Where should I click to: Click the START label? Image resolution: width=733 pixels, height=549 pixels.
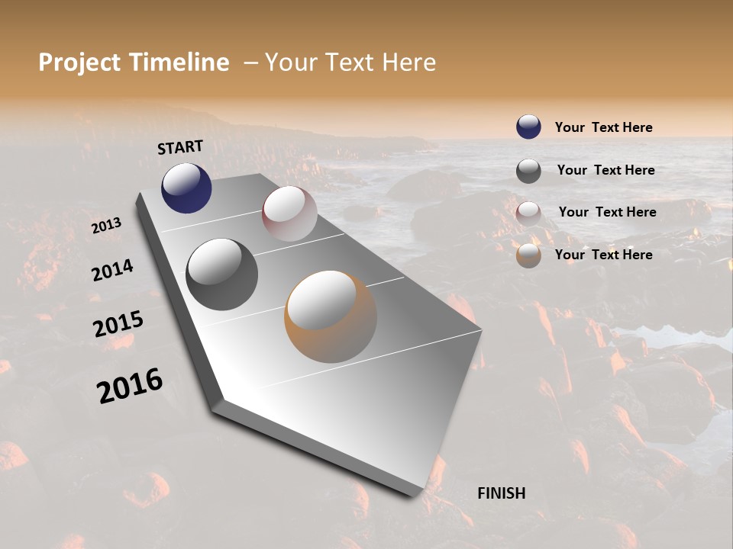pyautogui.click(x=180, y=147)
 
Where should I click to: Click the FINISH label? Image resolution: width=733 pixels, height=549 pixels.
pyautogui.click(x=501, y=493)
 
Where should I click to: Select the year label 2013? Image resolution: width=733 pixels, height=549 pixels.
pyautogui.click(x=106, y=226)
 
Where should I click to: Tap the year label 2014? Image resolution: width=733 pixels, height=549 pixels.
pyautogui.click(x=112, y=270)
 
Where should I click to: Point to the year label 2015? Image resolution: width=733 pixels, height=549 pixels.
pyautogui.click(x=118, y=324)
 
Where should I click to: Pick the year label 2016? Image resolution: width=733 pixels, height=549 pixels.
pyautogui.click(x=130, y=386)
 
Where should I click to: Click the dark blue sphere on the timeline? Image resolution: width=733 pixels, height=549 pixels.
pyautogui.click(x=186, y=188)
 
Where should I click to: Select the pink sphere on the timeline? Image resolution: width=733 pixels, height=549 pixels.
pyautogui.click(x=289, y=213)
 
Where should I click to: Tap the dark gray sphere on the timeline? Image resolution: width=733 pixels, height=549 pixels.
pyautogui.click(x=221, y=274)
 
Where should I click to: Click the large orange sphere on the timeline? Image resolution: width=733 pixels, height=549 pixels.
pyautogui.click(x=331, y=316)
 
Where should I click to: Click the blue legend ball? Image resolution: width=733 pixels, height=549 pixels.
pyautogui.click(x=528, y=127)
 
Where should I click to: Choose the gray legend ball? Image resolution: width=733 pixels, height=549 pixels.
pyautogui.click(x=528, y=171)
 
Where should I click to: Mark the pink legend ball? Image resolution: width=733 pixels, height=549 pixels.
pyautogui.click(x=528, y=213)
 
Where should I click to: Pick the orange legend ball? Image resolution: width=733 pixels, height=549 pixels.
pyautogui.click(x=528, y=255)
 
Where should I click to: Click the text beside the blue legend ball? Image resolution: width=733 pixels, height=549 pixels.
pyautogui.click(x=603, y=127)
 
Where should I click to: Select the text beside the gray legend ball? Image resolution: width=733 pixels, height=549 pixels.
pyautogui.click(x=605, y=170)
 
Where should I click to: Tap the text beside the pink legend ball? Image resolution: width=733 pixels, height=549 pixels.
pyautogui.click(x=607, y=212)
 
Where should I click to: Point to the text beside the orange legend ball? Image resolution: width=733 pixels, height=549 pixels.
pyautogui.click(x=603, y=255)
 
